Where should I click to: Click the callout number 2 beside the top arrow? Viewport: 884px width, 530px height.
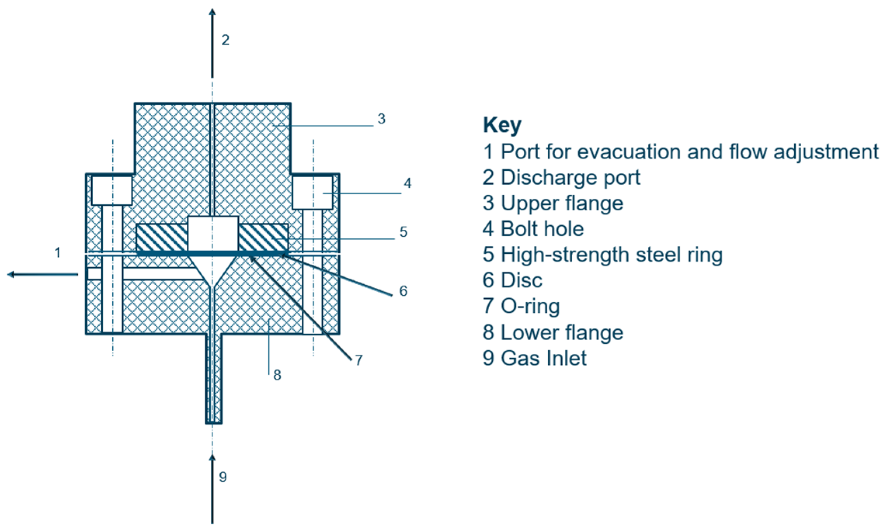point(225,40)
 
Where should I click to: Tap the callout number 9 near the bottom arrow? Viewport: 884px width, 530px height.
point(223,477)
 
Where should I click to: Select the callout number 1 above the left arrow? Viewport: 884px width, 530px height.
point(58,253)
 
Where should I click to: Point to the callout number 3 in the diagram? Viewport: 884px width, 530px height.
point(381,119)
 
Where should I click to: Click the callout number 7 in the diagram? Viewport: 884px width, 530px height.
point(359,360)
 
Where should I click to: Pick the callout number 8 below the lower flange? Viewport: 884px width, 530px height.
point(277,375)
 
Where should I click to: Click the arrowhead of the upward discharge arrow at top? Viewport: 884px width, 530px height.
point(212,12)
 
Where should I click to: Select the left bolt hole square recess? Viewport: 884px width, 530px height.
point(112,190)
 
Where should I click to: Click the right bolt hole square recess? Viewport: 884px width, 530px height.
point(312,192)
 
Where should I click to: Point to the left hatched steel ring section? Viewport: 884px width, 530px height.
point(162,237)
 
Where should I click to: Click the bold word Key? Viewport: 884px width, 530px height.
point(502,125)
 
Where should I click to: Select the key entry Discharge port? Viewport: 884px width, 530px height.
point(561,177)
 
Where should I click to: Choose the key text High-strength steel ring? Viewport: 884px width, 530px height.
point(602,255)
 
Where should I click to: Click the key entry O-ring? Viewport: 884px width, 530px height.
point(521,306)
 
